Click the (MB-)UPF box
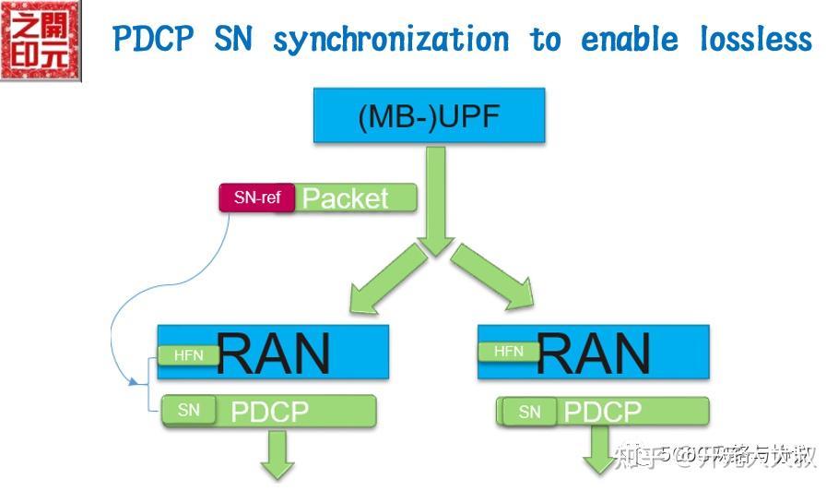(429, 116)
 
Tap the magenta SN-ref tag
(256, 198)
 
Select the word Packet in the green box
(346, 198)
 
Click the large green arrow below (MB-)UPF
(435, 198)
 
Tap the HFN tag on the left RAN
(188, 354)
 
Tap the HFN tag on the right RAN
(509, 351)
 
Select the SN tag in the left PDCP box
(189, 410)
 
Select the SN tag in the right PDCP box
(529, 412)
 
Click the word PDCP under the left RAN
(269, 412)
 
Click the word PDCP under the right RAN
(603, 412)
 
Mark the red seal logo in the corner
(41, 42)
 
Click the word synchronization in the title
(390, 40)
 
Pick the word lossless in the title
(755, 40)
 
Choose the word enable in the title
(630, 40)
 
